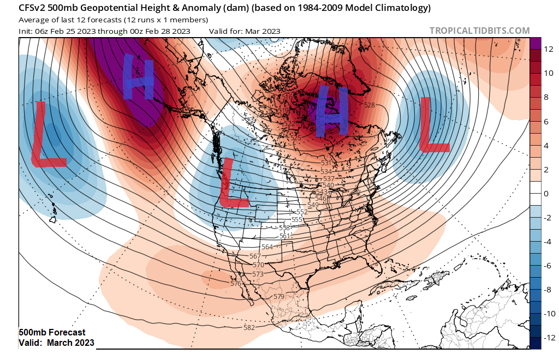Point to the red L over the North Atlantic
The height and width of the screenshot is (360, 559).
(433, 124)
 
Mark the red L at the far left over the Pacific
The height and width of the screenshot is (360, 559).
(47, 134)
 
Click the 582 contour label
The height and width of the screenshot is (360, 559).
(249, 327)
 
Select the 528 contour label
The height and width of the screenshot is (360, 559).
(370, 105)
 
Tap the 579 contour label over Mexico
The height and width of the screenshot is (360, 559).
(278, 296)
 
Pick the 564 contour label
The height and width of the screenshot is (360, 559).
(267, 247)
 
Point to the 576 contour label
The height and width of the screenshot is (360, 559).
(236, 284)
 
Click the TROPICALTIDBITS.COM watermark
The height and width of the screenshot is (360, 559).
(479, 31)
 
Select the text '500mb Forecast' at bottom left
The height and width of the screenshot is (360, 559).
(52, 332)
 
